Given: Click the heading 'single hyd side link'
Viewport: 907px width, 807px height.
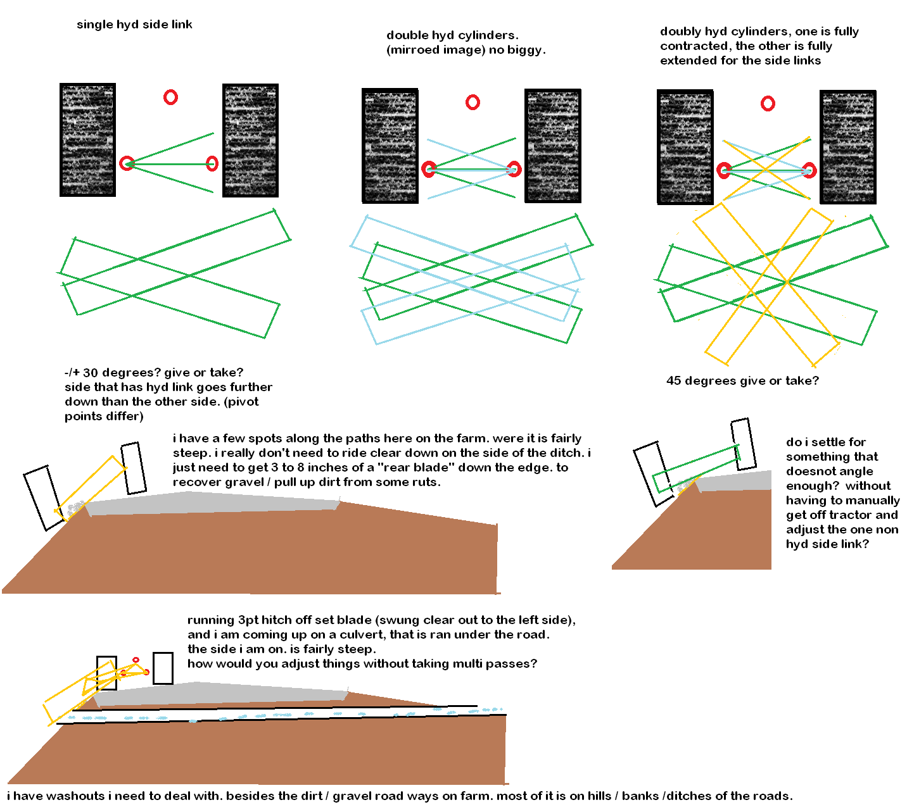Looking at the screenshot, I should tap(134, 25).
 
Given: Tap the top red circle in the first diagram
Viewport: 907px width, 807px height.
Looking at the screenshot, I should tap(170, 97).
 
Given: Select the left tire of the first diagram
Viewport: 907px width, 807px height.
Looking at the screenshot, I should tap(87, 140).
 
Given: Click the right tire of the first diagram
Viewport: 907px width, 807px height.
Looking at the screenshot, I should tap(250, 141).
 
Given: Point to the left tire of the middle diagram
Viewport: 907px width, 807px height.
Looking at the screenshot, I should tap(390, 146).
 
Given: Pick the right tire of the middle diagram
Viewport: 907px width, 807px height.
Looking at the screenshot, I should tap(553, 146).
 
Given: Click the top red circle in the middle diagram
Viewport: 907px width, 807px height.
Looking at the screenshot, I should tap(473, 103).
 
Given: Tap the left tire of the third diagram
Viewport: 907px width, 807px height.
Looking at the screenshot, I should tap(685, 147).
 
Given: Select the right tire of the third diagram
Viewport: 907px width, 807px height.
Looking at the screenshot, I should tap(848, 147).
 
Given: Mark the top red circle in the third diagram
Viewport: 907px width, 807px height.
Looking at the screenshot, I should tap(768, 103).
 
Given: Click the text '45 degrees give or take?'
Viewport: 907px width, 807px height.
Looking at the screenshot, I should tap(742, 381).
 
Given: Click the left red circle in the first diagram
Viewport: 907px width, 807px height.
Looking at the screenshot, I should tap(127, 163).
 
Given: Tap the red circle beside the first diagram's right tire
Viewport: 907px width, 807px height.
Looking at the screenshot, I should tap(212, 164).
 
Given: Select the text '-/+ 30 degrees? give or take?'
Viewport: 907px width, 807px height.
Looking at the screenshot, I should tap(154, 373).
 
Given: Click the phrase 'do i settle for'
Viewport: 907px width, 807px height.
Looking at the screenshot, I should tap(826, 442).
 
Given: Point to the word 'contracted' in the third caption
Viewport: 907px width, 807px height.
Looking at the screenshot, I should tap(692, 46).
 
